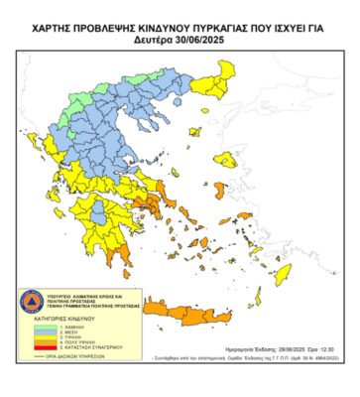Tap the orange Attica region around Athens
pyautogui.click(x=153, y=202)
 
